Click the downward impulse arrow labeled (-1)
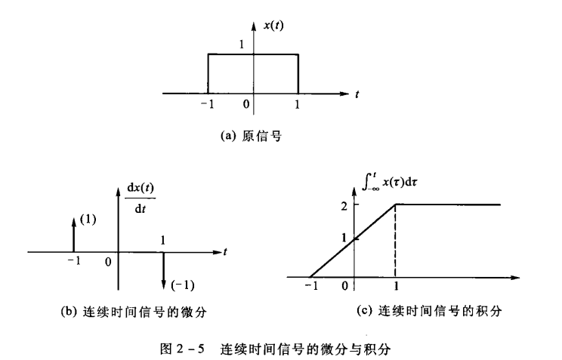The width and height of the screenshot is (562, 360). coord(164,269)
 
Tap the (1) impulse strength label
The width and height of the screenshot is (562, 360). coord(88,221)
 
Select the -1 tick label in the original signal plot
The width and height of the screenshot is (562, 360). coord(208,105)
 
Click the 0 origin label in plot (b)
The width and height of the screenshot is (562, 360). coord(108,262)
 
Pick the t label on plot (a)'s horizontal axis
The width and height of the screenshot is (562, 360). coord(357,94)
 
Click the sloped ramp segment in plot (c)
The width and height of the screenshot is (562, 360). coord(352,240)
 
